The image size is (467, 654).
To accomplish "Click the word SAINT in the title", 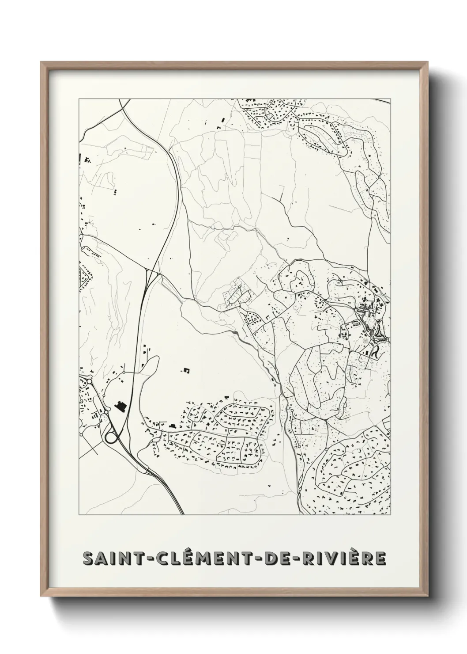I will click(107, 559).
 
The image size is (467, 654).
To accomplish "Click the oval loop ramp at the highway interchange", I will click(111, 438).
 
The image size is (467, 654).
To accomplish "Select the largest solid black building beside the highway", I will click(120, 406).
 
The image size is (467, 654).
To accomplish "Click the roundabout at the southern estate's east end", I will click(292, 412).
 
